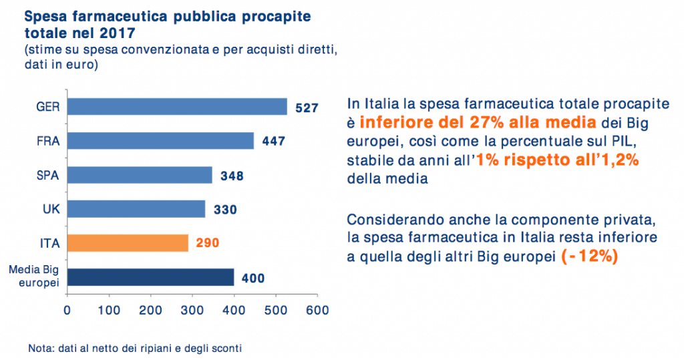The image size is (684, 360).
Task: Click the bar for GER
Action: pyautogui.click(x=177, y=107)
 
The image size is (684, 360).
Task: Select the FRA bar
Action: pyautogui.click(x=160, y=141)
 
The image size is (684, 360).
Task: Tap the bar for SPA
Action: pyautogui.click(x=140, y=175)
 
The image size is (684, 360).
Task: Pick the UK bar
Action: pyautogui.click(x=136, y=209)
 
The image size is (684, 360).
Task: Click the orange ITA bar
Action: pyautogui.click(x=128, y=243)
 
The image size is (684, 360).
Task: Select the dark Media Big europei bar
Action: pyautogui.click(x=150, y=277)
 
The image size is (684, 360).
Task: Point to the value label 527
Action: pyautogui.click(x=307, y=108)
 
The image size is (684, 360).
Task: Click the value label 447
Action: pyautogui.click(x=274, y=142)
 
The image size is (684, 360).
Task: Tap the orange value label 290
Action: pyautogui.click(x=208, y=244)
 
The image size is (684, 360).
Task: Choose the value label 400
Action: pyautogui.click(x=253, y=277)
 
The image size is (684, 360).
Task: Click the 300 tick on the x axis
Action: pyautogui.click(x=192, y=311)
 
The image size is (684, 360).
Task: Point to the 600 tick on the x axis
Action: pyautogui.click(x=317, y=311)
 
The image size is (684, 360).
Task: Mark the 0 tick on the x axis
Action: pyautogui.click(x=67, y=311)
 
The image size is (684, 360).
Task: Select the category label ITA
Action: pyautogui.click(x=51, y=243)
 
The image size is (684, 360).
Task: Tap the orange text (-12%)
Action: pyautogui.click(x=588, y=256)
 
